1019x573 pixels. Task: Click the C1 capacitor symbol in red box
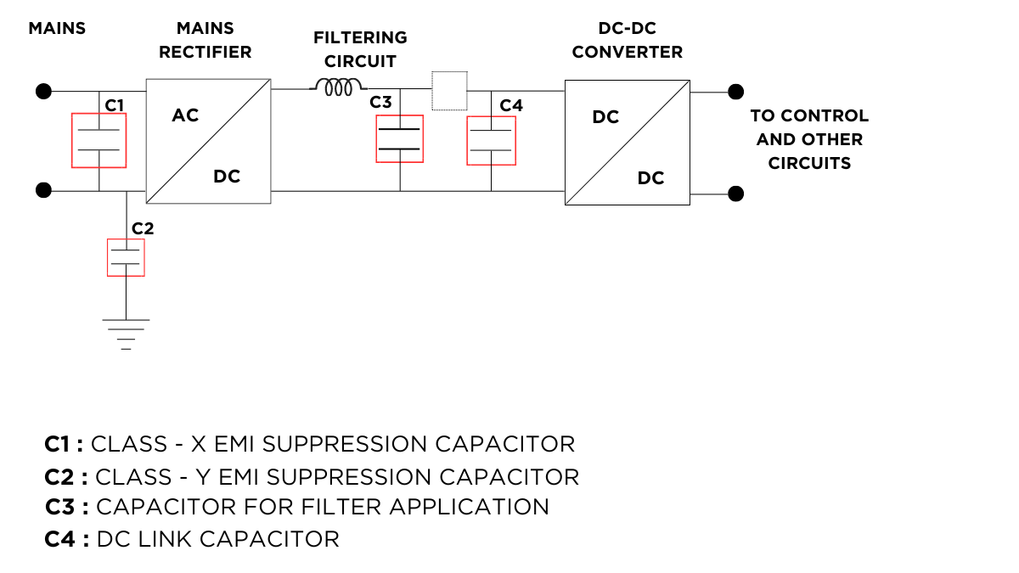(x=99, y=140)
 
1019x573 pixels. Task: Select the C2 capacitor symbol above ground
(x=126, y=257)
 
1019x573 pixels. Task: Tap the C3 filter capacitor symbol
(x=399, y=138)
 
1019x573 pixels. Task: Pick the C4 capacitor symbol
(x=491, y=140)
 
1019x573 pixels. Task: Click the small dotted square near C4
(x=450, y=91)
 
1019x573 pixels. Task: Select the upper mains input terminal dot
(x=43, y=91)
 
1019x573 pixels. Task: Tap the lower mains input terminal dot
(x=43, y=190)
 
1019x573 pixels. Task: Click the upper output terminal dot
(x=736, y=91)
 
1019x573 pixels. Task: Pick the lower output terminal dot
(x=736, y=194)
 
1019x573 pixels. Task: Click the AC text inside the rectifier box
(x=185, y=115)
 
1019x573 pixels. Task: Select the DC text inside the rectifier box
(x=227, y=177)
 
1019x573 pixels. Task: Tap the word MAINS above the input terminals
(x=57, y=28)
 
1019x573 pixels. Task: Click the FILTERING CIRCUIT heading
(x=360, y=49)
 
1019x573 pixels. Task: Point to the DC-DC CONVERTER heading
(x=627, y=40)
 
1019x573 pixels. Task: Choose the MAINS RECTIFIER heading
(x=205, y=40)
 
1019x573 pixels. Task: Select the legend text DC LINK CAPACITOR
(x=218, y=538)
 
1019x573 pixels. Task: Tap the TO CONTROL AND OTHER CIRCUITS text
(x=809, y=139)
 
